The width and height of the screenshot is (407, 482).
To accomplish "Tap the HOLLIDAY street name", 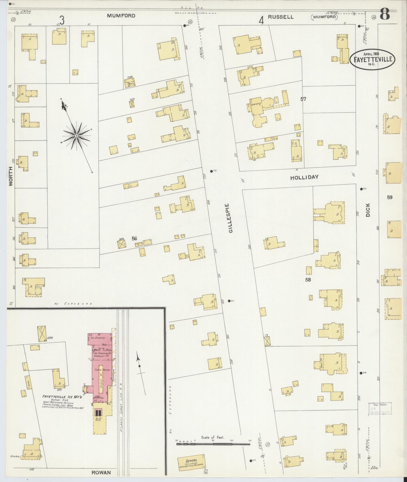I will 304,177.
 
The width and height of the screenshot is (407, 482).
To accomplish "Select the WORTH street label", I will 11,176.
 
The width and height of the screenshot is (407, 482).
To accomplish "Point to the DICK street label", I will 368,210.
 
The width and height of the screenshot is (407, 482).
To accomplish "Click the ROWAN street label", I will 101,472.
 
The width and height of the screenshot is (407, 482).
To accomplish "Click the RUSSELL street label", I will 281,17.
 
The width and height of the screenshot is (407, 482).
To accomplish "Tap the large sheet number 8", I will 385,14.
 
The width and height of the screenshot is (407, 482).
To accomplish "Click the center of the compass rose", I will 76,136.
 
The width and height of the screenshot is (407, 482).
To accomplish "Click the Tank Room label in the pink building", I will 100,370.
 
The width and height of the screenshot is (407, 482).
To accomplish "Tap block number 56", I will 134,238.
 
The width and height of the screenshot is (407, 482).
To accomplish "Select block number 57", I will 303,99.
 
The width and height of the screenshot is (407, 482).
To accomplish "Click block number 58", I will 308,279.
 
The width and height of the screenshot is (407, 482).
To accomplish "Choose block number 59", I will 390,197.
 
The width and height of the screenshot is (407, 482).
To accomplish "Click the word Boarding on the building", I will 256,104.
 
